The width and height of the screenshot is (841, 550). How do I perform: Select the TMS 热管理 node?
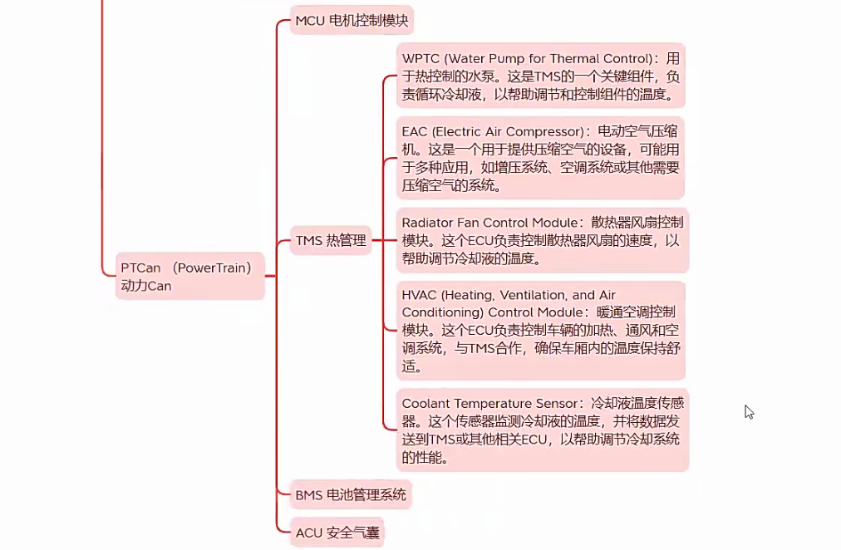330,241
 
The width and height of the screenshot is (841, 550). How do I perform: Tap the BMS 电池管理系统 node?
351,495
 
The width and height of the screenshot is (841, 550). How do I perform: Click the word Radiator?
430,223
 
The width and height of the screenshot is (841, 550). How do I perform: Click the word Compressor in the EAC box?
545,131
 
